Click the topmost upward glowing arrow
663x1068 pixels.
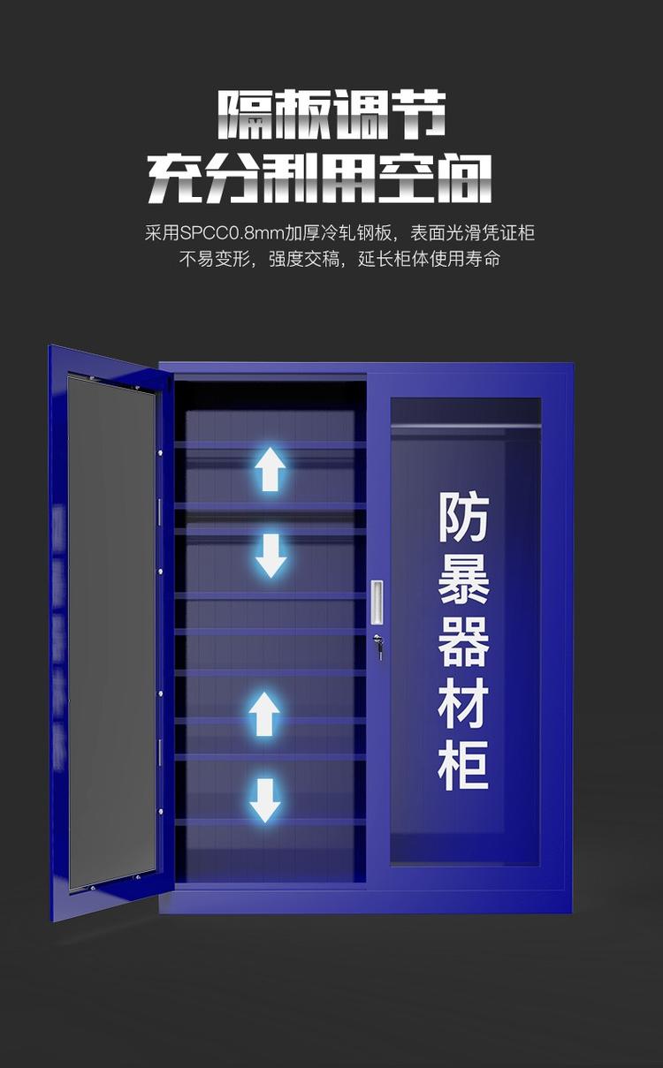click(x=270, y=469)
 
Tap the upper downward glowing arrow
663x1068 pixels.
click(x=271, y=556)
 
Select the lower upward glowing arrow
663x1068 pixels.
click(x=264, y=715)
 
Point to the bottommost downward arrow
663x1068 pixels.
click(x=264, y=800)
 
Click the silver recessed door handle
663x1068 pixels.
click(x=377, y=602)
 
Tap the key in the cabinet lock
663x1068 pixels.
click(x=378, y=647)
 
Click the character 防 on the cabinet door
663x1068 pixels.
click(x=463, y=518)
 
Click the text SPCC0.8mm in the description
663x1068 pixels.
click(x=232, y=233)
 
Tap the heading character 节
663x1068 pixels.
click(x=417, y=115)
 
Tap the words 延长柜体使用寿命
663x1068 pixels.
click(x=429, y=260)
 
